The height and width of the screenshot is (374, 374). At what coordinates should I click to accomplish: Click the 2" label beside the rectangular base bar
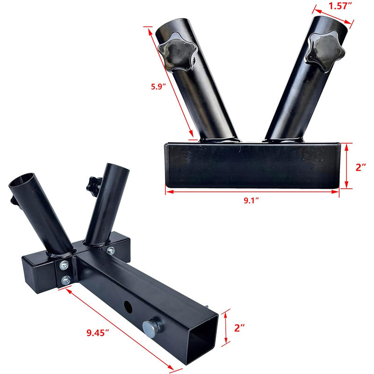[361, 167]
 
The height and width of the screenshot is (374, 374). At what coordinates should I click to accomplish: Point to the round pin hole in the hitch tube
[127, 307]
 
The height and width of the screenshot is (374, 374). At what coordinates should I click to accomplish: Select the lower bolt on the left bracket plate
[66, 280]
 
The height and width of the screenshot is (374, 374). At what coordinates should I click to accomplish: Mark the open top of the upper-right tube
[331, 24]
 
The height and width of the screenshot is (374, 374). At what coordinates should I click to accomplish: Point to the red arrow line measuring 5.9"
[171, 84]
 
